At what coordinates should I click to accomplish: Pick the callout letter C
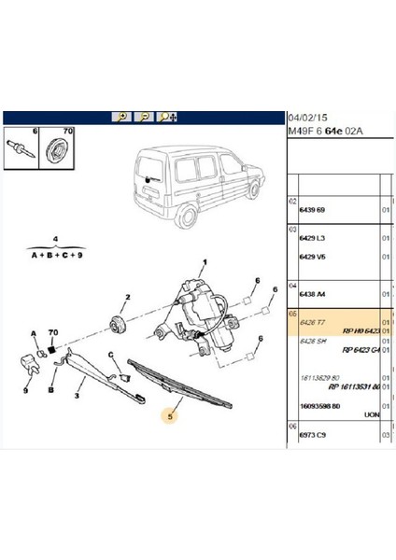tap(109, 354)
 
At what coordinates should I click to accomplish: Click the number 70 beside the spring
tap(52, 331)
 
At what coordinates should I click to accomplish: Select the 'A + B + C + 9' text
tap(57, 253)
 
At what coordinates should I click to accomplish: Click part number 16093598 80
tap(319, 407)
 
